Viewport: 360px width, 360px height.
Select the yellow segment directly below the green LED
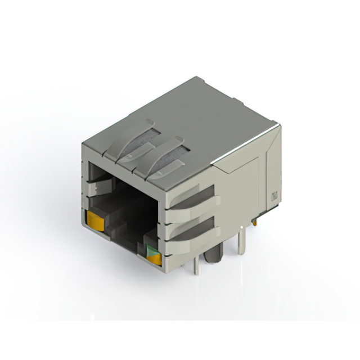click(x=154, y=259)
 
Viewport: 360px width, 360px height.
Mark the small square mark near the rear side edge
click(x=274, y=196)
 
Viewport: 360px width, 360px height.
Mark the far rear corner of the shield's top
click(x=196, y=79)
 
